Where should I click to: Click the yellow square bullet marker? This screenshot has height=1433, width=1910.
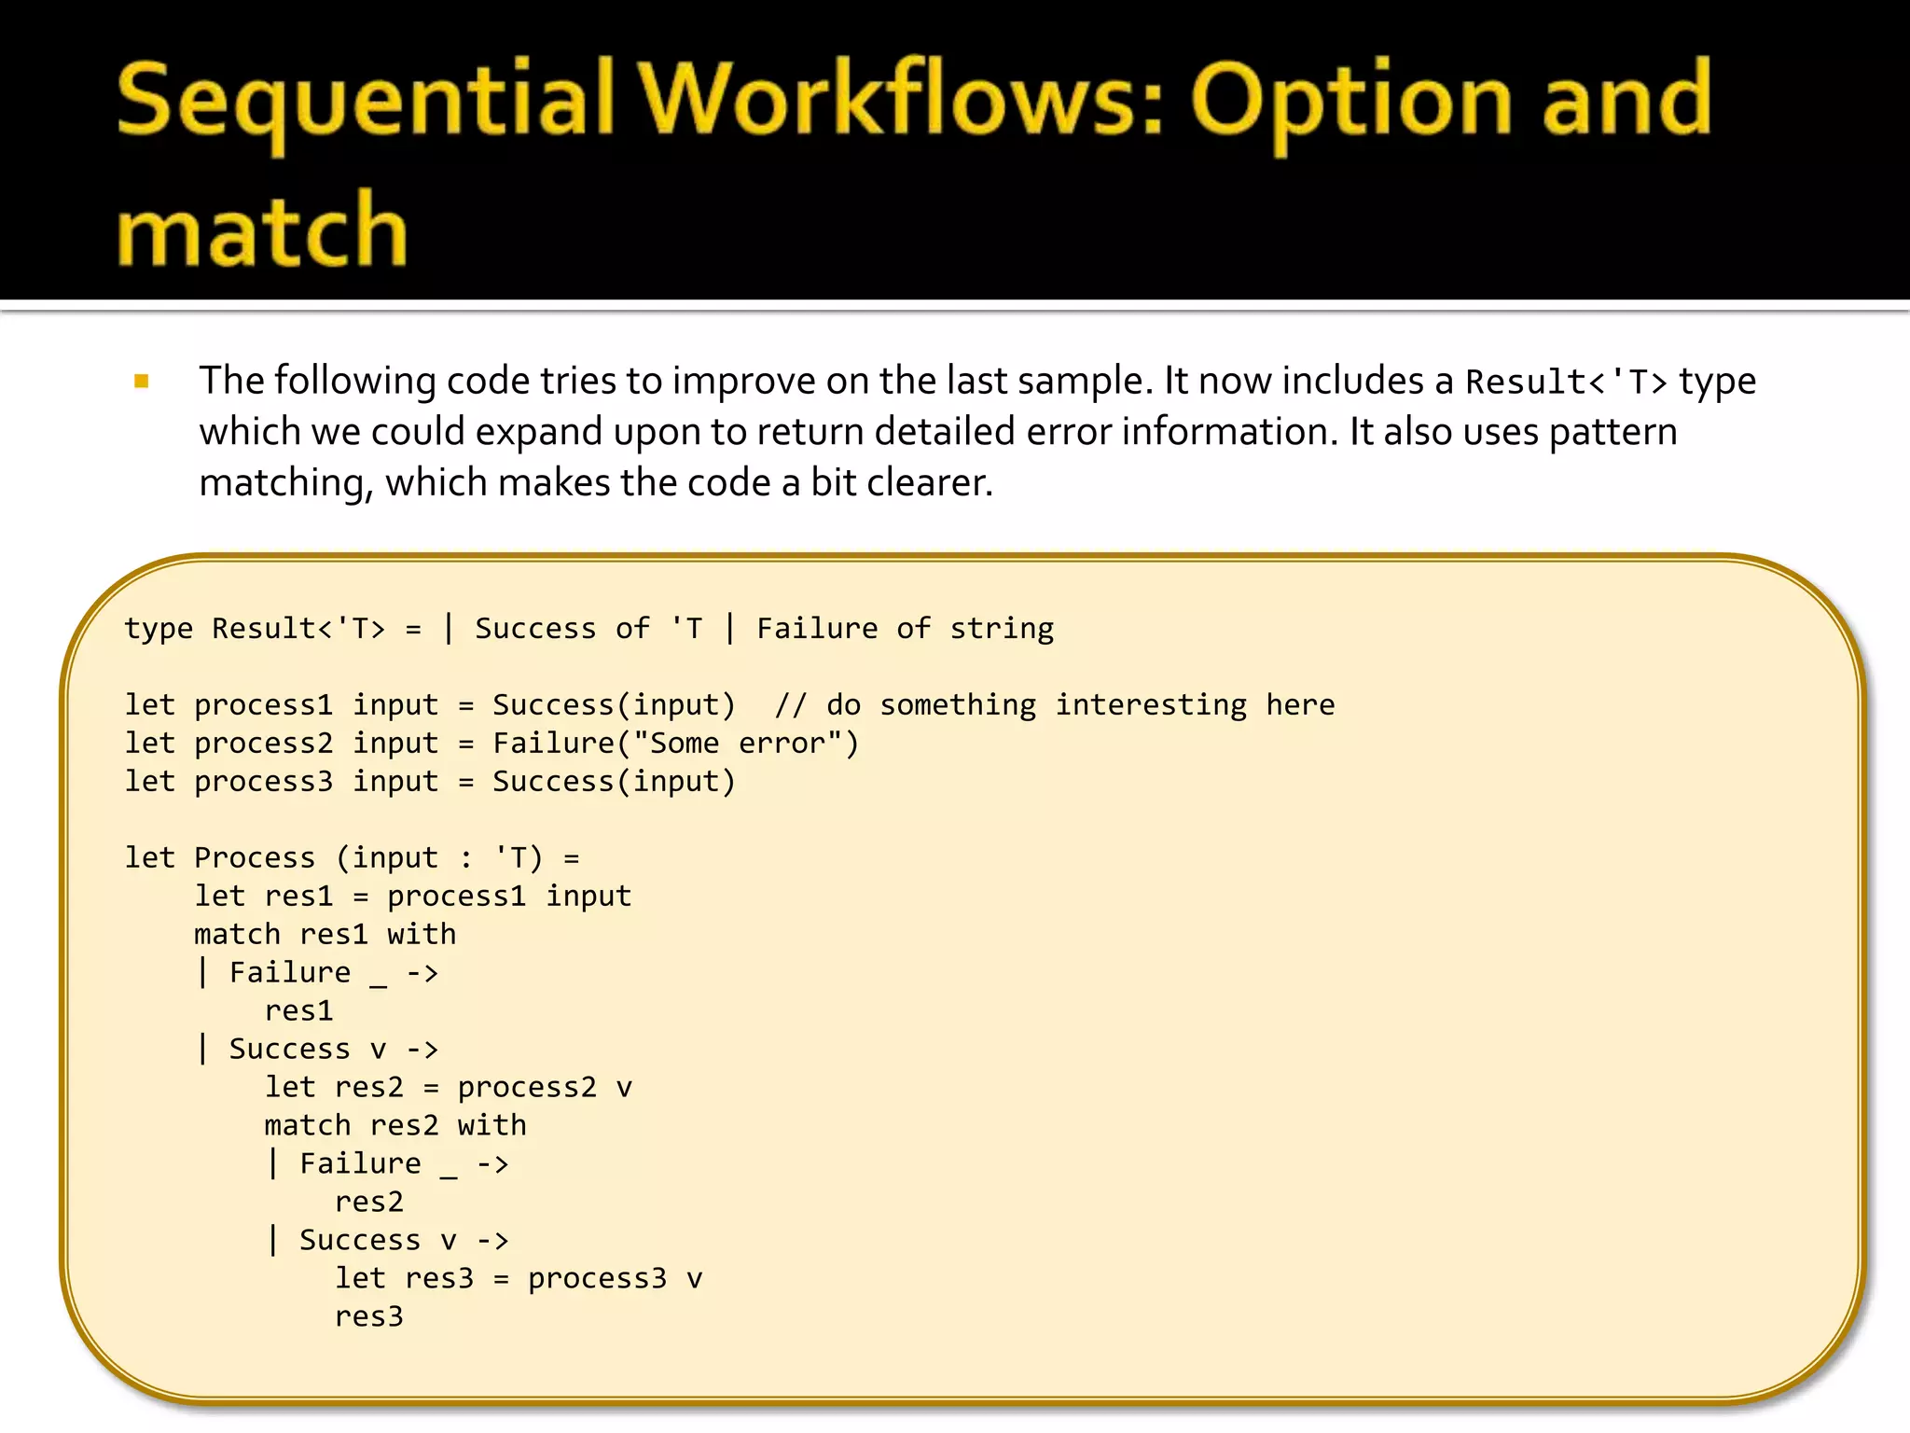(142, 381)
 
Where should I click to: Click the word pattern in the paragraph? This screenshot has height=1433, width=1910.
(1612, 432)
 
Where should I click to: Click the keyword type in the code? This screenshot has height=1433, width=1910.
(159, 629)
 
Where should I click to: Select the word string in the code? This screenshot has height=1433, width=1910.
(1002, 629)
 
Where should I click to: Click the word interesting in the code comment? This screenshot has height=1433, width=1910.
(1150, 705)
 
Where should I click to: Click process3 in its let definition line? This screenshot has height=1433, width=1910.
(263, 782)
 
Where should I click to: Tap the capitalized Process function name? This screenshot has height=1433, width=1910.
(255, 858)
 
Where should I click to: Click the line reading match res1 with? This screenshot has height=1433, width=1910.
(325, 935)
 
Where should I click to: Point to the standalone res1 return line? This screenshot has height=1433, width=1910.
(298, 1011)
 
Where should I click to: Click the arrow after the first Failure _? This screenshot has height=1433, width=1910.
(422, 973)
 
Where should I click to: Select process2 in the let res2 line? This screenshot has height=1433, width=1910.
(526, 1088)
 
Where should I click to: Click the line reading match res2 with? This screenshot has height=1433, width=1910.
(394, 1126)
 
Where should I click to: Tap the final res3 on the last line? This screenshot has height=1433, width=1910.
(368, 1317)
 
